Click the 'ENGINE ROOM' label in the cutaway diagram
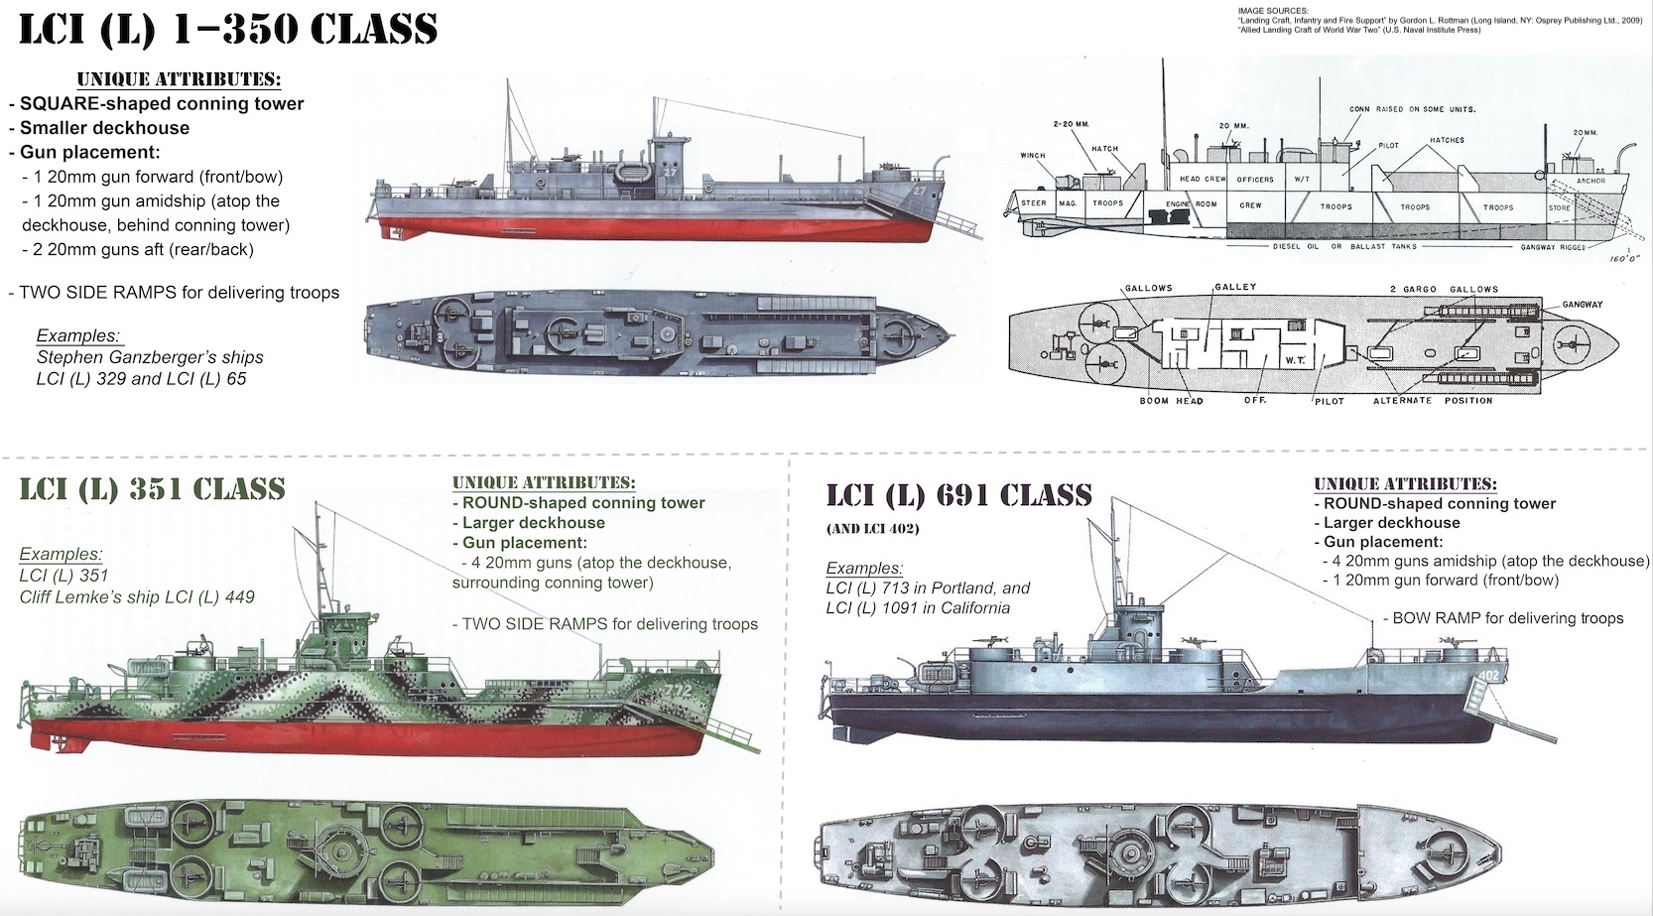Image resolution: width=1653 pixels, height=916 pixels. [x=1191, y=203]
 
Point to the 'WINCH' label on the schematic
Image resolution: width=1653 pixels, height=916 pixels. [x=1033, y=156]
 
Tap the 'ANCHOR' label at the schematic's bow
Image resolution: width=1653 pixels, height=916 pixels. [x=1590, y=182]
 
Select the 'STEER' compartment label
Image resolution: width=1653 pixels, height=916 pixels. [x=1034, y=203]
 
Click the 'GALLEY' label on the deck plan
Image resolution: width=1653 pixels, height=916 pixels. [x=1235, y=287]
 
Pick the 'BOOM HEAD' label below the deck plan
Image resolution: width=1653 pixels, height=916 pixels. [x=1171, y=401]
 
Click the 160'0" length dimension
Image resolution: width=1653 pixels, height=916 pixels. [x=1625, y=258]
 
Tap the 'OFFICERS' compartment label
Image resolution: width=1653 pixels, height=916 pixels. [x=1255, y=180]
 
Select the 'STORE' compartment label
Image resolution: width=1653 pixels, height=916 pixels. [x=1559, y=207]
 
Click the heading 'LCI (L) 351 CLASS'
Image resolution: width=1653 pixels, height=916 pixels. [x=152, y=489]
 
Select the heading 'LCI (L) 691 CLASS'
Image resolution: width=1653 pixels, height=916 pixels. [x=958, y=495]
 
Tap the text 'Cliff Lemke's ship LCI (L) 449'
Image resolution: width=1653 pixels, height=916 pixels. [x=137, y=596]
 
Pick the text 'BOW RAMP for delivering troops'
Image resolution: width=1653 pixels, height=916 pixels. [x=1507, y=618]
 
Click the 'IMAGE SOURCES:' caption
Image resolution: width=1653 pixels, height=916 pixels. [x=1273, y=11]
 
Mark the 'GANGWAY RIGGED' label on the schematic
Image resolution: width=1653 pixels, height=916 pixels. [x=1553, y=247]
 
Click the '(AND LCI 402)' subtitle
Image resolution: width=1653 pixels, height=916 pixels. [x=873, y=529]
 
